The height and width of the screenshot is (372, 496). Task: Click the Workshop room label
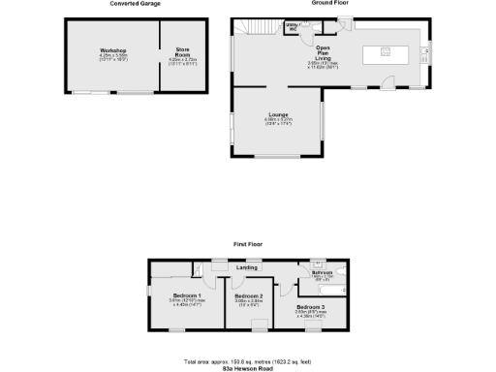(113, 49)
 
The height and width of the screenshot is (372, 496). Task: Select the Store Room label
(182, 50)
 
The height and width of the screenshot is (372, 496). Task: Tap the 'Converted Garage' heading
(136, 4)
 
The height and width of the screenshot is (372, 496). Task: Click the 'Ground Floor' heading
(329, 4)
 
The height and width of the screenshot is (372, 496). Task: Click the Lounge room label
(278, 114)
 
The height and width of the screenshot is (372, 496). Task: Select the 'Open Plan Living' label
(325, 52)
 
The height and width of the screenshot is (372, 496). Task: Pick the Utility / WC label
(292, 28)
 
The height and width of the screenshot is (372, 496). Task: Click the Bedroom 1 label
(187, 294)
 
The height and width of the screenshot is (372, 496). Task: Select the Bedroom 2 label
(249, 295)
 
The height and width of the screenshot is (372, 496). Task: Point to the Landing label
(248, 267)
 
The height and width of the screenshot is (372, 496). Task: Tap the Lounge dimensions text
(278, 122)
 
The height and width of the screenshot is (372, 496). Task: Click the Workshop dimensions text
(113, 57)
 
